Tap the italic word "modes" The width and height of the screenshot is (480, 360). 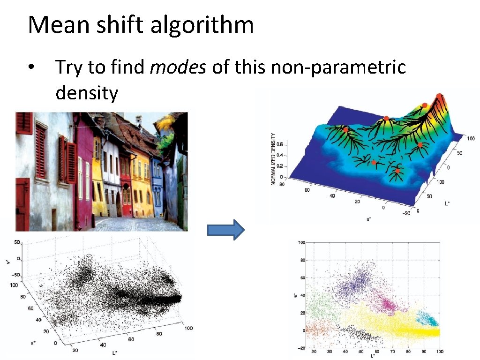tap(178, 67)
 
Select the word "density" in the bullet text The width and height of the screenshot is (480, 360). tap(87, 93)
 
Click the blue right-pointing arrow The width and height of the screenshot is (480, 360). tap(226, 230)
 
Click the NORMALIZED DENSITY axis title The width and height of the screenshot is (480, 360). tap(273, 158)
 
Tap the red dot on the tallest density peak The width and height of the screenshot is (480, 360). tap(439, 96)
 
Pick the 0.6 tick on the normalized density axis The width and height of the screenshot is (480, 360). tap(279, 144)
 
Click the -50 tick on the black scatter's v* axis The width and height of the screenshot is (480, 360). tap(16, 274)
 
